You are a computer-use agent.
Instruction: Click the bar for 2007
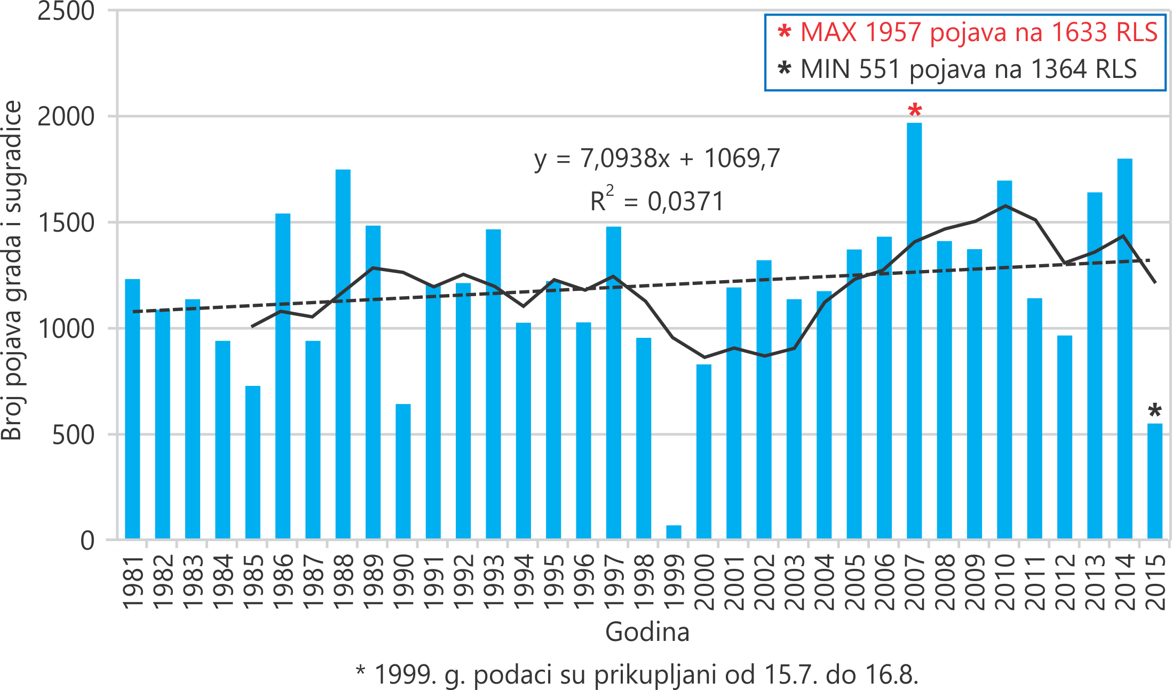click(914, 331)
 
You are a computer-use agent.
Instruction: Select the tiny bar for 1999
click(674, 532)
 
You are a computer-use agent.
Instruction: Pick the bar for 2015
click(1154, 481)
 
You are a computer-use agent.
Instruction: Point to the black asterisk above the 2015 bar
click(1154, 411)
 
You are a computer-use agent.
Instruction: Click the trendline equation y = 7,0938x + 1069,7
click(657, 158)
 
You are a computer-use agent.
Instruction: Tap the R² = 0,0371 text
click(657, 201)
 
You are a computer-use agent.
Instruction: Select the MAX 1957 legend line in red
click(968, 32)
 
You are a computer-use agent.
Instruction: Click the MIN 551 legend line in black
click(957, 69)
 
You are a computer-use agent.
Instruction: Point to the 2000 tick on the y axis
click(66, 116)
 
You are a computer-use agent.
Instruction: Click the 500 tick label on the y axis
click(73, 435)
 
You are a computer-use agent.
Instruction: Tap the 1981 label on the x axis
click(133, 581)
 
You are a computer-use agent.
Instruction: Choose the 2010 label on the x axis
click(1005, 581)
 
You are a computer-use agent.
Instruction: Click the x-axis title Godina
click(647, 632)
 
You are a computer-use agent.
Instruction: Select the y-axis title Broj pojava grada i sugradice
click(12, 269)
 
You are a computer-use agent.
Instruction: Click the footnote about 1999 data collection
click(637, 675)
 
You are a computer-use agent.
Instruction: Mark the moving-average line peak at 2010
click(1005, 205)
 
